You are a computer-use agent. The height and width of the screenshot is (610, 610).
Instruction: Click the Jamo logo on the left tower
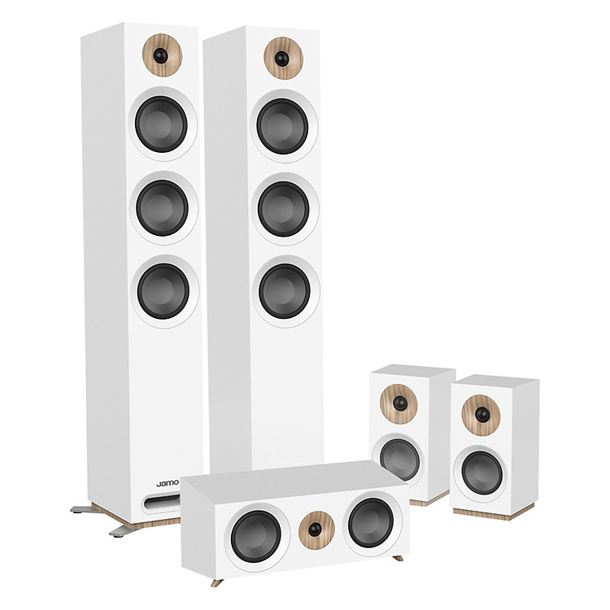click(x=168, y=484)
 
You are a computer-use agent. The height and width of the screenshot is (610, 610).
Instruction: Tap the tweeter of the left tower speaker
click(x=162, y=54)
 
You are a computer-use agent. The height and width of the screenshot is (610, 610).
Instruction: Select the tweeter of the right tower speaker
click(x=284, y=59)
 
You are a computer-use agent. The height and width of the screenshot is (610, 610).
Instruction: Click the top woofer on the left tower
click(x=162, y=123)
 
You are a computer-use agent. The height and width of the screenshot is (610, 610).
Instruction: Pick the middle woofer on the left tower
click(x=163, y=207)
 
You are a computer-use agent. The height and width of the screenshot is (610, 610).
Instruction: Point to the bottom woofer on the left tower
click(x=164, y=291)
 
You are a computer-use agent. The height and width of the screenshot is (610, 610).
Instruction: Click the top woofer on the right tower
click(x=283, y=126)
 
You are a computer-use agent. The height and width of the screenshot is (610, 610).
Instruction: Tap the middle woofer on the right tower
click(x=285, y=209)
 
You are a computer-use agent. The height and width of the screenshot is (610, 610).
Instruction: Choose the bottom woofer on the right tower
click(x=285, y=290)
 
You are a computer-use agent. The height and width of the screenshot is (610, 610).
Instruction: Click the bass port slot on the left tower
click(x=163, y=502)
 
